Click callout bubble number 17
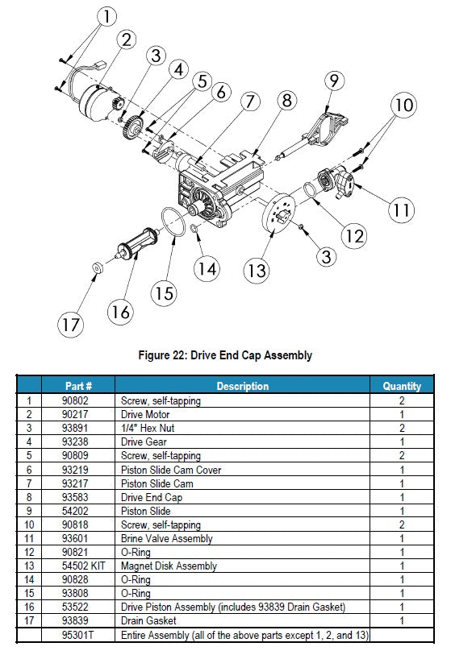[70, 325]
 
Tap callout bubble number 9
[334, 81]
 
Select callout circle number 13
[257, 271]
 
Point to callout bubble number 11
[402, 209]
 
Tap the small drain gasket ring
[98, 267]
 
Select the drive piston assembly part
[136, 243]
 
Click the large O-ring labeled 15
[173, 222]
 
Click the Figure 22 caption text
[225, 355]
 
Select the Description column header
[243, 386]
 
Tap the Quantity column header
[402, 386]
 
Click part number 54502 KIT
[83, 566]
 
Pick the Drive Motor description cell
[145, 414]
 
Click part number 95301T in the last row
[77, 635]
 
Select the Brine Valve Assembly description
[166, 538]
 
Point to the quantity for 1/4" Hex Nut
[402, 428]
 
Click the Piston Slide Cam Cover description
[171, 470]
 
